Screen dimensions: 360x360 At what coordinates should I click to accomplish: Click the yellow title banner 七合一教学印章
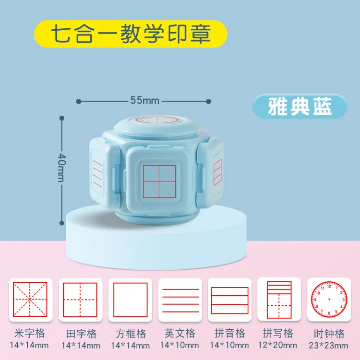click(131, 35)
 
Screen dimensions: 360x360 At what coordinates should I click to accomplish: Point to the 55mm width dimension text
click(144, 101)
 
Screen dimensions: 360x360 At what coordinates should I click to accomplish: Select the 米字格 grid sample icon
click(30, 300)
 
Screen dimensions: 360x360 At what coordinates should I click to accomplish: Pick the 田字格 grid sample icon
click(80, 300)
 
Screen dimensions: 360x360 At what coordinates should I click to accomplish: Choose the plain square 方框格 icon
click(130, 300)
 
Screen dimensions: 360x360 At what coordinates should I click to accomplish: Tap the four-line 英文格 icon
click(180, 300)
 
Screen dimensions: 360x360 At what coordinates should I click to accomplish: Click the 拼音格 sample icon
click(229, 300)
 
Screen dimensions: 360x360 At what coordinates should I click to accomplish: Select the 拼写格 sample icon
click(279, 300)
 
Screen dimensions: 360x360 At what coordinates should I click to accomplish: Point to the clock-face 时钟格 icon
click(329, 300)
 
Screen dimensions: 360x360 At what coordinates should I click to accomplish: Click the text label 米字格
click(30, 334)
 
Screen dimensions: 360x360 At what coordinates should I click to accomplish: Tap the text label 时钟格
click(329, 334)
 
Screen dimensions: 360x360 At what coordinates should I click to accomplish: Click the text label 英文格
click(180, 334)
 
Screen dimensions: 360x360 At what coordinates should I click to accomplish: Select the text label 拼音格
click(229, 334)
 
